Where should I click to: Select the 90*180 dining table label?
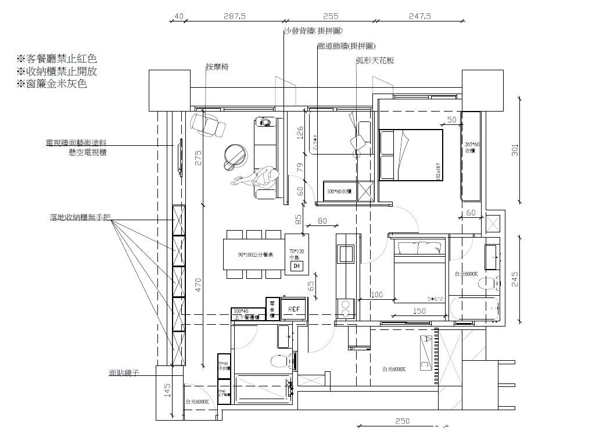click(252, 256)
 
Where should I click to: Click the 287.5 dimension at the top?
click(235, 17)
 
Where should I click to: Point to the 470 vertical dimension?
click(199, 284)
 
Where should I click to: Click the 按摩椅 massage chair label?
click(217, 67)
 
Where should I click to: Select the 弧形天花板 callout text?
click(375, 60)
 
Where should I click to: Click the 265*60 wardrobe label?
click(472, 148)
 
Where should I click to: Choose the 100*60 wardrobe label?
click(340, 191)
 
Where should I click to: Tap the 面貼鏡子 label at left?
click(124, 373)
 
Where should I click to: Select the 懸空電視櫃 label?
click(88, 152)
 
